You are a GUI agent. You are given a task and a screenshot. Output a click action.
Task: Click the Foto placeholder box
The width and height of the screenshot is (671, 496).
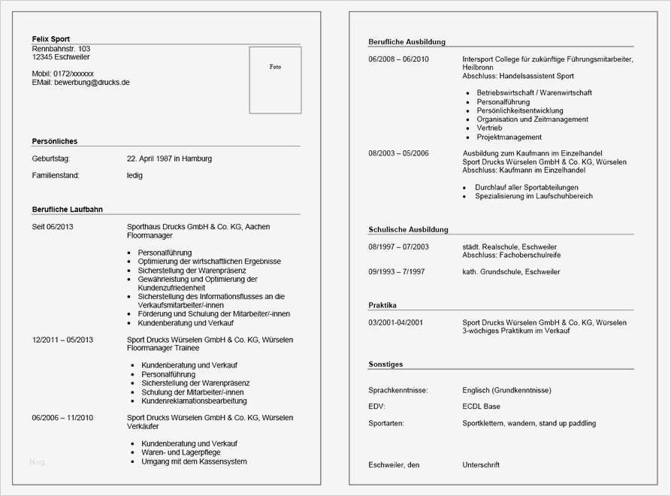275,80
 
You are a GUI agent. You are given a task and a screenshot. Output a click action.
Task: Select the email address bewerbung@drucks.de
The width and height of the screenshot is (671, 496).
92,83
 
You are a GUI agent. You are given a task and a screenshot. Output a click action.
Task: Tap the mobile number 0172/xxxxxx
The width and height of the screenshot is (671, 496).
74,74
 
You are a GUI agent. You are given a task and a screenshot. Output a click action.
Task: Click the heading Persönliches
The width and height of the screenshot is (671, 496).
55,141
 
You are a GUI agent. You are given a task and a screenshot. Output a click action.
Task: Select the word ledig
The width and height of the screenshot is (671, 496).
135,176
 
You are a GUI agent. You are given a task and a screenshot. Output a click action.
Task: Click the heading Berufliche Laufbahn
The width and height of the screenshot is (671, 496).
68,209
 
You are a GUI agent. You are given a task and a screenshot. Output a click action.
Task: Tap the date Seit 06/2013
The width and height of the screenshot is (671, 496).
53,226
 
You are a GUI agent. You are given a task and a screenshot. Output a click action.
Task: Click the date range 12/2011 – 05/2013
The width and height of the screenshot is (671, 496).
62,340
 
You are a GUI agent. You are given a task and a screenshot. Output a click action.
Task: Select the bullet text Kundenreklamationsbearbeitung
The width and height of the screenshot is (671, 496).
194,401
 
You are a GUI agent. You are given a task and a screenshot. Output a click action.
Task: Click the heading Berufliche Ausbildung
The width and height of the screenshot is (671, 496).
407,42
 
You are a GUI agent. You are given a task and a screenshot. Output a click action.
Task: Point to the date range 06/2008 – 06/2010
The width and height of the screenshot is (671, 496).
398,59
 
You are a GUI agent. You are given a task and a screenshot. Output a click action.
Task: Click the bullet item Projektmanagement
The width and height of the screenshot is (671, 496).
509,138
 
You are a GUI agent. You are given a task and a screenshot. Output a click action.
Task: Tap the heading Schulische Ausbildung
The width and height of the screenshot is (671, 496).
408,229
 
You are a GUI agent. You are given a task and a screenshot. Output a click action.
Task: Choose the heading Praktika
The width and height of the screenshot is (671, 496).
382,305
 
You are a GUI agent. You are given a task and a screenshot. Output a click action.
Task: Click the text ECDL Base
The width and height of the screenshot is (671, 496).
482,407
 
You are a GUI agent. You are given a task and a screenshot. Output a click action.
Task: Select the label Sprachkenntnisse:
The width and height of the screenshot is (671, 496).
398,391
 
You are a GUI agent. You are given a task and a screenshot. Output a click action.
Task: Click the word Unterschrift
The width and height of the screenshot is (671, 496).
481,465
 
